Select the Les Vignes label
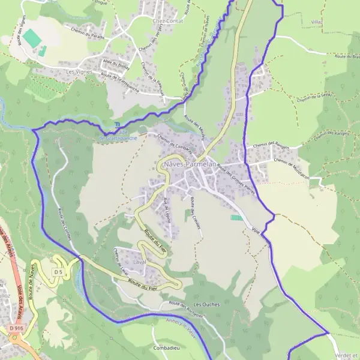click(76, 71)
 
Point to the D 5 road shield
click(58, 272)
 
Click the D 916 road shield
click(16, 329)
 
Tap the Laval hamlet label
click(124, 262)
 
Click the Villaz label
click(317, 23)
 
